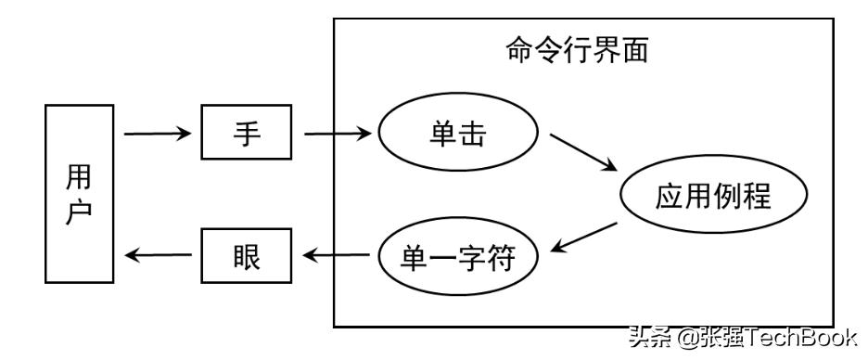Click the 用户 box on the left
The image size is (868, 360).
(79, 193)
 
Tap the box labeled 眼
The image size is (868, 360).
(247, 254)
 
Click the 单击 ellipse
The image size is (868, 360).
(458, 135)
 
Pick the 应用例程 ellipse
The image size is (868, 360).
(713, 197)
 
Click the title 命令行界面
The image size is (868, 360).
(576, 49)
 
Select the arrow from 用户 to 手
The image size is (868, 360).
(157, 135)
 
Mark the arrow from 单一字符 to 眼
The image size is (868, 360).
(338, 254)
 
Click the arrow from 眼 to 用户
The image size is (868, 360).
(157, 254)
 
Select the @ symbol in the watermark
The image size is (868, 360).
(689, 337)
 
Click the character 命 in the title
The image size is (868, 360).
(520, 49)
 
